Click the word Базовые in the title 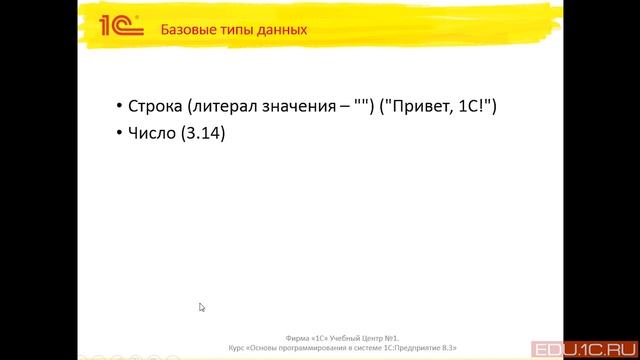click(187, 29)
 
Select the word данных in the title click(282, 29)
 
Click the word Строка click(155, 106)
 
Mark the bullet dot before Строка click(119, 107)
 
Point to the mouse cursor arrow click(201, 307)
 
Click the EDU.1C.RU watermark click(588, 349)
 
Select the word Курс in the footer click(235, 347)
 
